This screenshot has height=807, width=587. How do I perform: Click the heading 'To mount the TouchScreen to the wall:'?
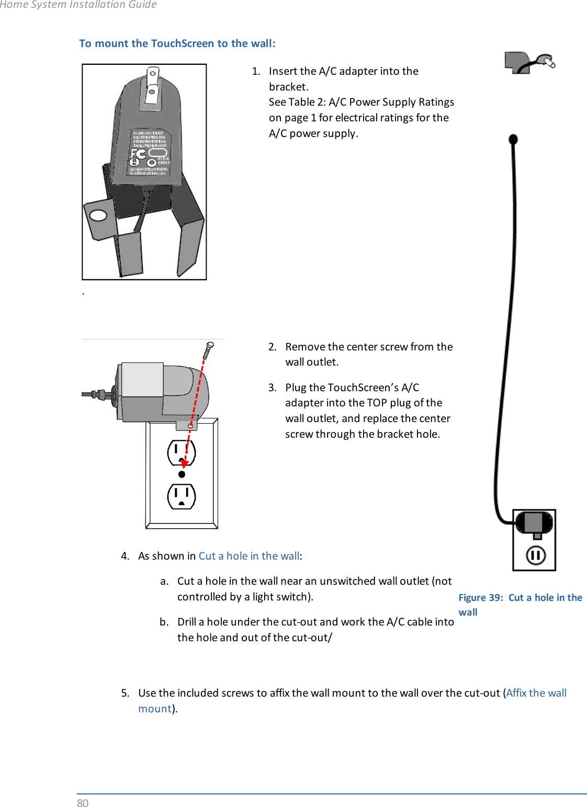coord(177,43)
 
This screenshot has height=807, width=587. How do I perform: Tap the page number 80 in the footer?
coord(83,803)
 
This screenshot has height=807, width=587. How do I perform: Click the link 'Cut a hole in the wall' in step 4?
coord(249,556)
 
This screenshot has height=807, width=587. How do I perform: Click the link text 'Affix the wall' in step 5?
coord(536,693)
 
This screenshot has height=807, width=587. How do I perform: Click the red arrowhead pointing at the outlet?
coord(184,463)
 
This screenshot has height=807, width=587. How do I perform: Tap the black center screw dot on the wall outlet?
coord(182,474)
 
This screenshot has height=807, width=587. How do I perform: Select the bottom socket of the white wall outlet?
coord(182,496)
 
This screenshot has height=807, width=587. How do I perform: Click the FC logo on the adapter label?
coord(139,154)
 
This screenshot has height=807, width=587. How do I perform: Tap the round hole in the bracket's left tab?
coord(98,215)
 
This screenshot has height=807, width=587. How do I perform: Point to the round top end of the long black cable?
coord(513,139)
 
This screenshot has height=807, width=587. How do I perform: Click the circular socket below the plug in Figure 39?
coord(535,555)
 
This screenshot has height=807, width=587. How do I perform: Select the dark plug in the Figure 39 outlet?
coord(534,523)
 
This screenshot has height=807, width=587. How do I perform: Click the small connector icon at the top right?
coord(529,63)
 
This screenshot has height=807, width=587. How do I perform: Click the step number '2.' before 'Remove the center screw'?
coord(272,347)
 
